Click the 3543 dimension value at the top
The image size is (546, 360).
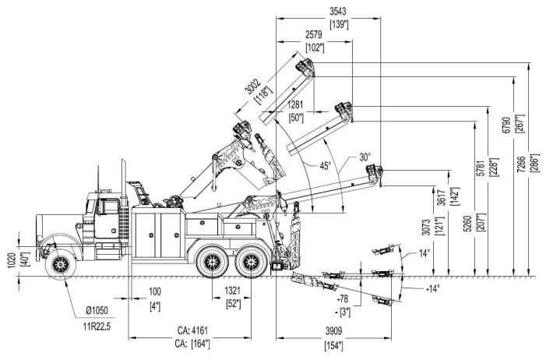click(x=338, y=12)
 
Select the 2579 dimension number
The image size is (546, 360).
click(x=314, y=35)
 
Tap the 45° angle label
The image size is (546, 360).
click(x=326, y=166)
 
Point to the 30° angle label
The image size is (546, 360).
click(x=365, y=157)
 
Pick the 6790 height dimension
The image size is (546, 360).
click(x=506, y=125)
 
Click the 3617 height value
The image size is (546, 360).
click(x=442, y=198)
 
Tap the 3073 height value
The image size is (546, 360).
click(x=426, y=227)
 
